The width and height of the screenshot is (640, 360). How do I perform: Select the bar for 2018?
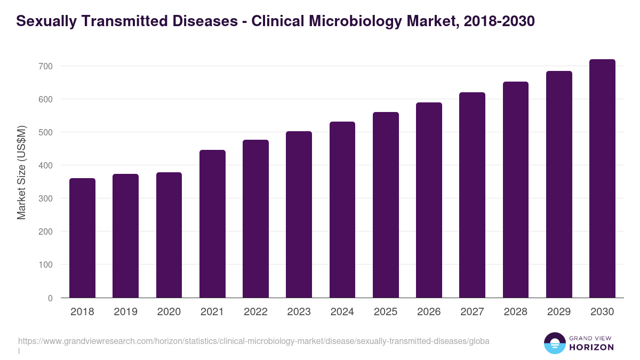click(x=82, y=238)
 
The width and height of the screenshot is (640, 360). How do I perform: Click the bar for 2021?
click(x=212, y=224)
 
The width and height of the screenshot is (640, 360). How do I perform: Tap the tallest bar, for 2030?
click(x=602, y=179)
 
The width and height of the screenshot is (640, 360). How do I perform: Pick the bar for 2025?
click(x=386, y=205)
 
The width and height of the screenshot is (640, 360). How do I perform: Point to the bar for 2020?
click(x=169, y=235)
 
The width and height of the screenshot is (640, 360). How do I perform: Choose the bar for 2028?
click(x=516, y=190)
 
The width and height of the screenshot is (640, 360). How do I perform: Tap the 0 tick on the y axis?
click(x=50, y=298)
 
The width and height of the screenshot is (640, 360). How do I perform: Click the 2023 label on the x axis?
click(x=299, y=312)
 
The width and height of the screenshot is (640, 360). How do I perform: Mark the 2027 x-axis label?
click(x=472, y=312)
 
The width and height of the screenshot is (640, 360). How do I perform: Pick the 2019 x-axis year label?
click(x=125, y=312)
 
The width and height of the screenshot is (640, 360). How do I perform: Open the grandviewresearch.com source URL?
click(x=253, y=340)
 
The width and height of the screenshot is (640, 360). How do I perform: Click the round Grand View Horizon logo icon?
click(x=554, y=343)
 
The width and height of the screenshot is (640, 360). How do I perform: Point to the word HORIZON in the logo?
click(x=591, y=347)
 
